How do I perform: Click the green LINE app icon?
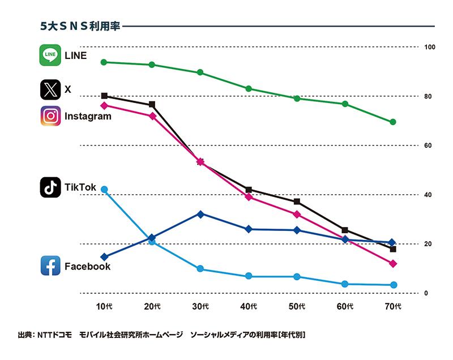point(50,55)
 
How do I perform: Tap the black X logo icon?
point(50,89)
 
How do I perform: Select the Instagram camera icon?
point(50,116)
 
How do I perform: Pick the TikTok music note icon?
point(50,187)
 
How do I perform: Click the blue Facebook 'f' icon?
point(50,265)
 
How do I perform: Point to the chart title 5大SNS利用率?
point(80,26)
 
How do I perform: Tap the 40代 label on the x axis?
point(250,307)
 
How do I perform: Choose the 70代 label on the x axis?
point(393,307)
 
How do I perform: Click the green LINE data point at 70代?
point(393,122)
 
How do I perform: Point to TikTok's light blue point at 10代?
point(104,190)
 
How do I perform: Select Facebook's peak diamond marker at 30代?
point(200,214)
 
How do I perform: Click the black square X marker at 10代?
point(104,96)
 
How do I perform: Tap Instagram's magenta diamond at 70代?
point(393,264)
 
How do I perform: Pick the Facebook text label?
point(87,266)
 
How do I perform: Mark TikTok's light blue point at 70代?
point(393,285)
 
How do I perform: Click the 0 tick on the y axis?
point(426,293)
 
